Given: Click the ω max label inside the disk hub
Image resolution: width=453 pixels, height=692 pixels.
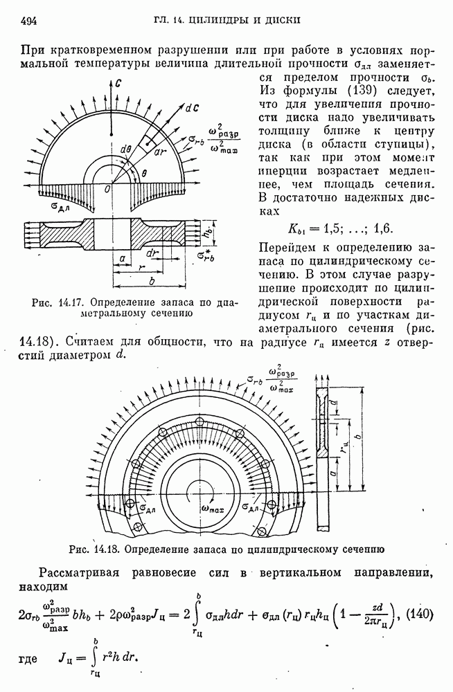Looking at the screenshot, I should click(213, 510).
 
